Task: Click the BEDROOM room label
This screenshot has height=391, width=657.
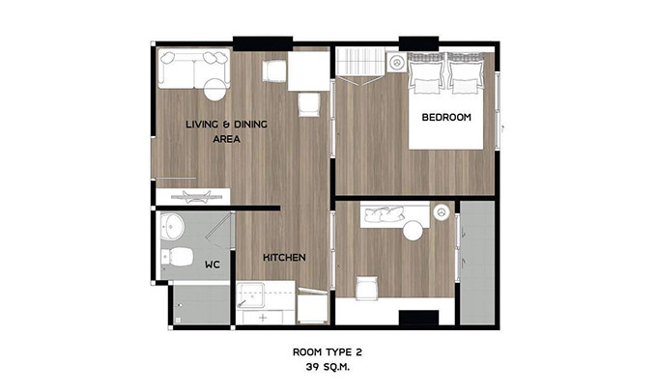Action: click(446, 117)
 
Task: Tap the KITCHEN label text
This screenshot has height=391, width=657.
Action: click(284, 258)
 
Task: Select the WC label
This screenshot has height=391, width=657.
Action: click(213, 265)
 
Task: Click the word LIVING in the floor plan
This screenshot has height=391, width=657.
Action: click(202, 125)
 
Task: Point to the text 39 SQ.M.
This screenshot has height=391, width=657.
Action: click(328, 367)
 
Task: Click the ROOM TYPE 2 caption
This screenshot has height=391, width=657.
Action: click(328, 352)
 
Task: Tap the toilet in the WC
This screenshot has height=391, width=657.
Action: click(177, 256)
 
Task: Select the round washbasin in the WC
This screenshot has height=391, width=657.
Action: click(172, 227)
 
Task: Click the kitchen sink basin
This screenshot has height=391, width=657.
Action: click(250, 295)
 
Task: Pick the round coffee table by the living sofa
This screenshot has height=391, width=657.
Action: click(214, 90)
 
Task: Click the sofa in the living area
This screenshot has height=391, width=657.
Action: click(194, 69)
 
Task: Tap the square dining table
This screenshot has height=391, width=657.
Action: click(309, 70)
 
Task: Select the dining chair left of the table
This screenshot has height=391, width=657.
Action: click(274, 70)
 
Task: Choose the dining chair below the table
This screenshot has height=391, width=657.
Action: click(309, 104)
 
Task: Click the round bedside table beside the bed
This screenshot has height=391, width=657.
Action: click(396, 63)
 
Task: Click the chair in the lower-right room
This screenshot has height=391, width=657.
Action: click(367, 288)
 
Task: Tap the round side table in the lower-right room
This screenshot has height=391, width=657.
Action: click(414, 230)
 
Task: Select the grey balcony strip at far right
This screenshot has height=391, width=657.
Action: click(477, 263)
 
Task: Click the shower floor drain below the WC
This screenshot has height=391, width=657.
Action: click(178, 321)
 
